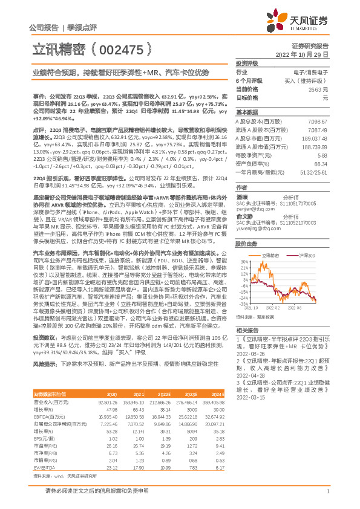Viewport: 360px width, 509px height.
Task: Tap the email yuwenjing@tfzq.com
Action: tap(258, 230)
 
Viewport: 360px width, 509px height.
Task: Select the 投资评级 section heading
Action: tap(247, 63)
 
